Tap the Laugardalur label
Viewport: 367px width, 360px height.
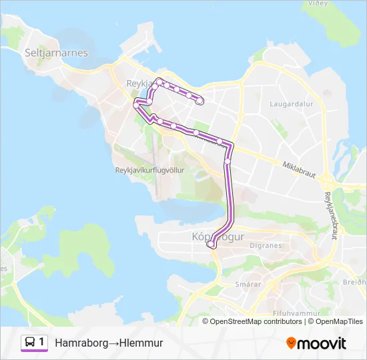pos(288,104)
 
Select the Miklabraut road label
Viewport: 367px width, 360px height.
pos(298,164)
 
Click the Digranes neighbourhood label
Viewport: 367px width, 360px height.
pos(266,245)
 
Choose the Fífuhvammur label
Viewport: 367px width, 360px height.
pos(296,313)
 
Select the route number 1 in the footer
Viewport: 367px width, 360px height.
pos(42,343)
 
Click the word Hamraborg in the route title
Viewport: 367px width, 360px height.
pos(81,343)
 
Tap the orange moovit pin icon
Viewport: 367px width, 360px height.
pos(292,343)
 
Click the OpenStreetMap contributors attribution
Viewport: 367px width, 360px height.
pos(256,321)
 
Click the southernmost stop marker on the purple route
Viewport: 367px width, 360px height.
pos(211,245)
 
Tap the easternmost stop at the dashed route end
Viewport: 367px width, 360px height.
pos(200,101)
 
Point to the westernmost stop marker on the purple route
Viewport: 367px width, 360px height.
pos(136,105)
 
